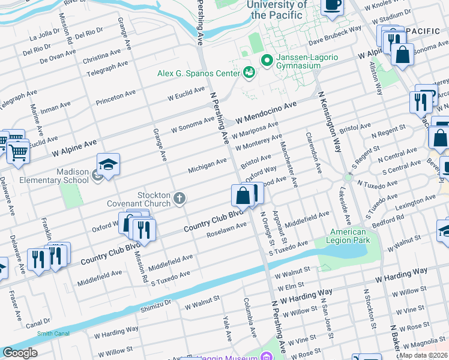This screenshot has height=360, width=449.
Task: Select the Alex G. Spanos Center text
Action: [x=199, y=73]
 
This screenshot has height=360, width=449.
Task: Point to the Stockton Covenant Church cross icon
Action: [x=179, y=198]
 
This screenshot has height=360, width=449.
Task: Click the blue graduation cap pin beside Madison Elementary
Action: [x=108, y=165]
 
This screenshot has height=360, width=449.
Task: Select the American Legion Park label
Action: [x=349, y=236]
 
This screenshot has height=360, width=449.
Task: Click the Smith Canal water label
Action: [x=52, y=334]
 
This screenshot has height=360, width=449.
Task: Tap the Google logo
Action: [x=19, y=353]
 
